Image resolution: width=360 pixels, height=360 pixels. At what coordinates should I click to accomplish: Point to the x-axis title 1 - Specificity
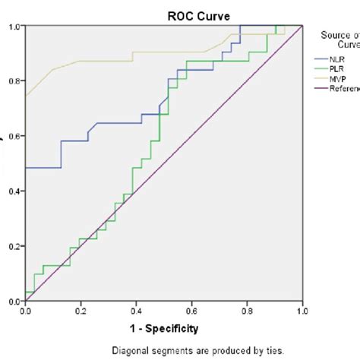tap(164, 329)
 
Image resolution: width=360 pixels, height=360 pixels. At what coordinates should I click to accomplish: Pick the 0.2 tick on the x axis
tap(81, 311)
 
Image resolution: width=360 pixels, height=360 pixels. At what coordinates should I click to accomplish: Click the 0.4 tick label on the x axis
tap(137, 311)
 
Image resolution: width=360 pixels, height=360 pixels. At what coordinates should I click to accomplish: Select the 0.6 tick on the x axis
tap(192, 311)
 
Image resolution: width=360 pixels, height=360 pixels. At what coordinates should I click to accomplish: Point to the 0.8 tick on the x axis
tap(248, 311)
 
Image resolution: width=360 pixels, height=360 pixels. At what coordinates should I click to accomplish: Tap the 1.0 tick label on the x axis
tap(302, 311)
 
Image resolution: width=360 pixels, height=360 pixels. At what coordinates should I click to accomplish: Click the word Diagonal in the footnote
tap(130, 350)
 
